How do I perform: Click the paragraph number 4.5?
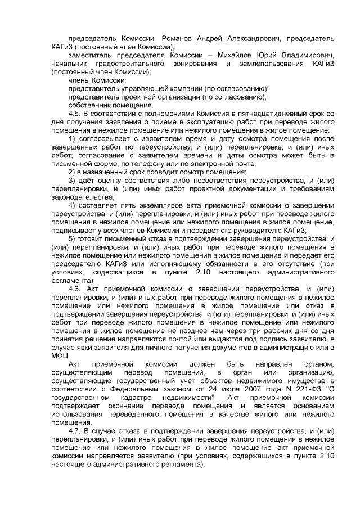(x=75, y=114)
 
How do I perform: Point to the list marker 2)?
(x=72, y=172)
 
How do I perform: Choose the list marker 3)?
(x=72, y=180)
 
